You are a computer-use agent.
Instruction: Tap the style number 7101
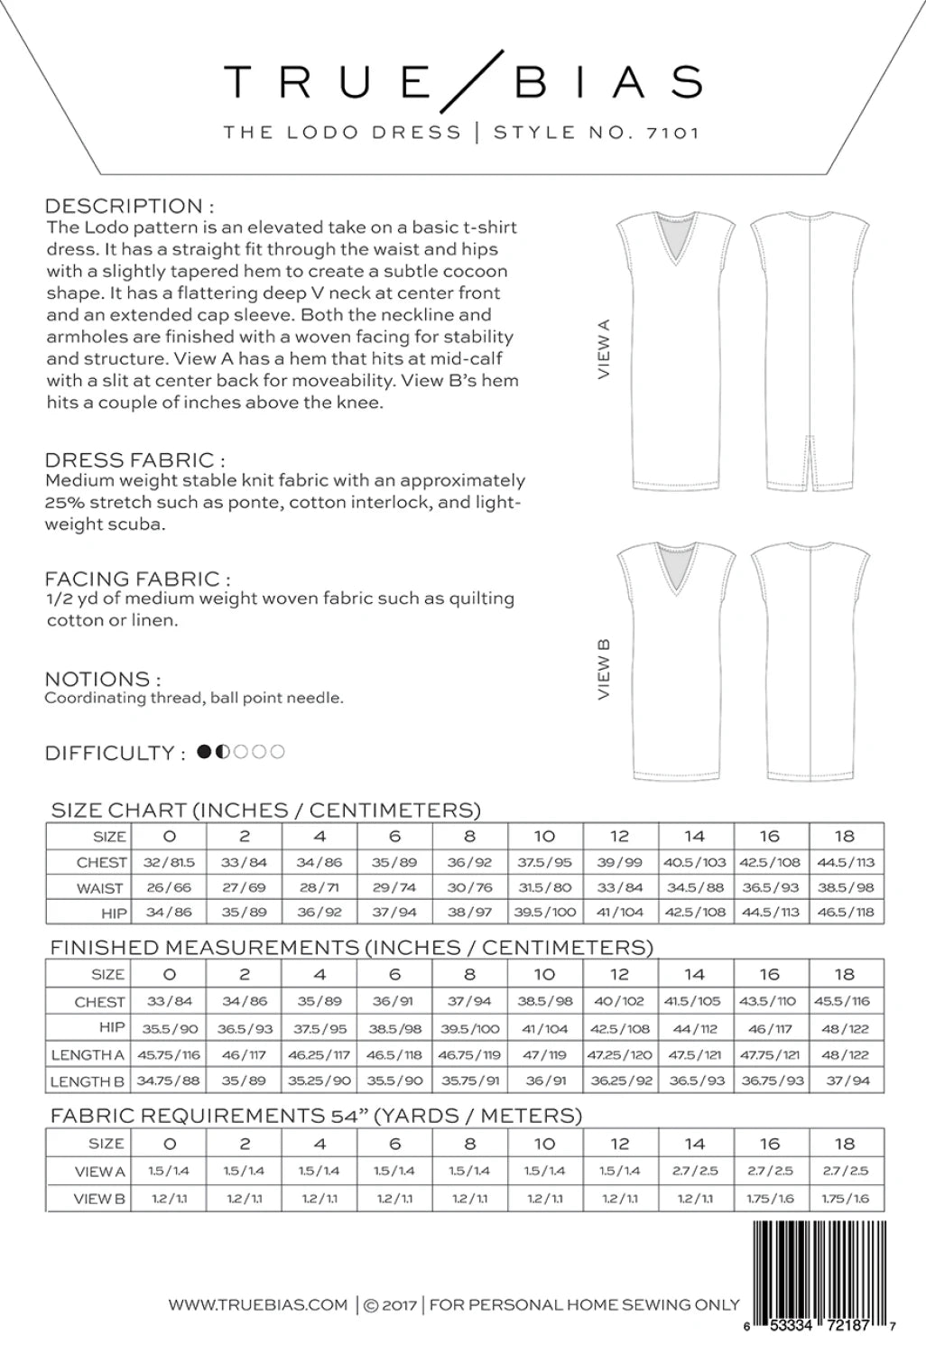pyautogui.click(x=672, y=133)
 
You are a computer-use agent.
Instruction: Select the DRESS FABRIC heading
pyautogui.click(x=134, y=459)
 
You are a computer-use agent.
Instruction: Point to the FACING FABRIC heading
pyautogui.click(x=137, y=578)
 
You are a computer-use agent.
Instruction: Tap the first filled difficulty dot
pyautogui.click(x=204, y=751)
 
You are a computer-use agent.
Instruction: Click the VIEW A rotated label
pyautogui.click(x=604, y=348)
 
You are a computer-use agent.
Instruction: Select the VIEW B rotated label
pyautogui.click(x=604, y=669)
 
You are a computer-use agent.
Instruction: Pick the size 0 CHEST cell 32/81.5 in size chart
pyautogui.click(x=169, y=862)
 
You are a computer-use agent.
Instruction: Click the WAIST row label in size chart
pyautogui.click(x=99, y=888)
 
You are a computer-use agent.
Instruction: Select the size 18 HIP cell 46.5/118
pyautogui.click(x=846, y=913)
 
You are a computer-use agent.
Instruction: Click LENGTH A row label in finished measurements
pyautogui.click(x=88, y=1054)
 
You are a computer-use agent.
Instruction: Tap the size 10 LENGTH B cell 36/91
pyautogui.click(x=545, y=1080)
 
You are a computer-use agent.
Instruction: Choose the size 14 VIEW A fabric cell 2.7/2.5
pyautogui.click(x=694, y=1171)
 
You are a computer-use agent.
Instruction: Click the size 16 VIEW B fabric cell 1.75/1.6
pyautogui.click(x=770, y=1199)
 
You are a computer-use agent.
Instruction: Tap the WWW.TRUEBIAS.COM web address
pyautogui.click(x=258, y=1304)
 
